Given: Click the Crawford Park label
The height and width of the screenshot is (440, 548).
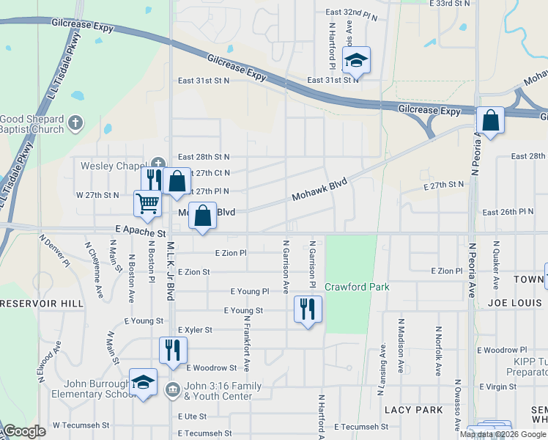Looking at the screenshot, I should pos(357,287).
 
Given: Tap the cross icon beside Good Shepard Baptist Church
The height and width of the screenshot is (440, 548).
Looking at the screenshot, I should pos(75,122).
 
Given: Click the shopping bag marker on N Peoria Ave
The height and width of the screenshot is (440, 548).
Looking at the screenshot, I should pos(490,120).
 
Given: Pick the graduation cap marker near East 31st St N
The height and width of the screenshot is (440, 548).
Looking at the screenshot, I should pos(356,60).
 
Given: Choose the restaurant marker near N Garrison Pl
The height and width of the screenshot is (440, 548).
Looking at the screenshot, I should pos(308,309).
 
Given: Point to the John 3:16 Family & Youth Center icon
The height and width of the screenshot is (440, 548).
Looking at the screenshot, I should pos(173,389).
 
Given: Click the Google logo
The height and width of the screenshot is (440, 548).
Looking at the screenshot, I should pos(25,431).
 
